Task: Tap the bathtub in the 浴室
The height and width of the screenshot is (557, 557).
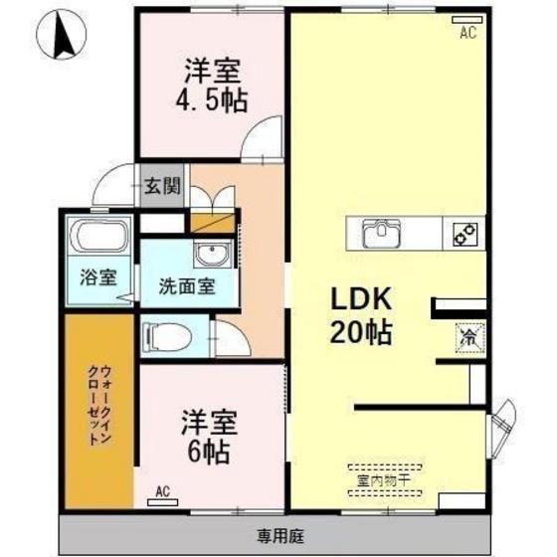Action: tap(98, 240)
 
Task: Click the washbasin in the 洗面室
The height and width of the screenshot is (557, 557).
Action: tap(211, 252)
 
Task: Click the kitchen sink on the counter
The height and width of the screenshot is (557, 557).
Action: tap(381, 235)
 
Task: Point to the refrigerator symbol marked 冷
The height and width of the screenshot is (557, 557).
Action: tap(466, 338)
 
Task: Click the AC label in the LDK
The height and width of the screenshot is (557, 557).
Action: tap(466, 32)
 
